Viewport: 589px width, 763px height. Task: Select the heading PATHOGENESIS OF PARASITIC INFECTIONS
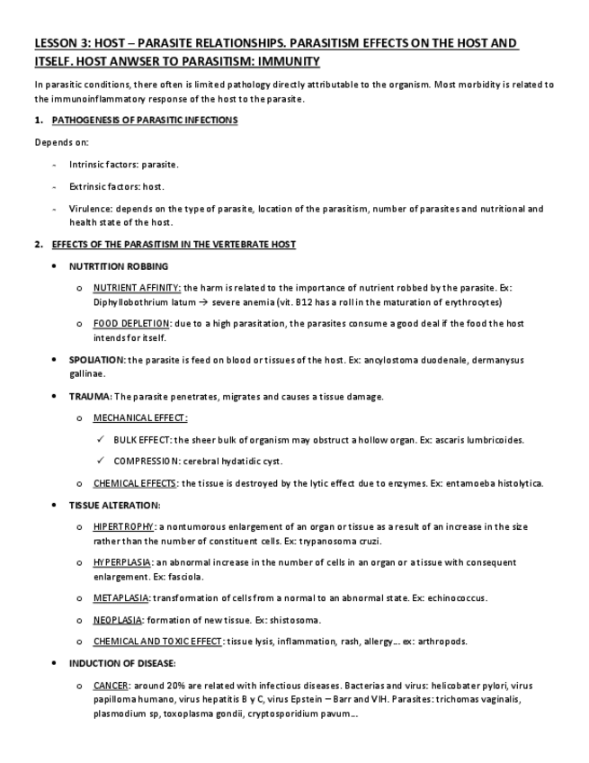click(145, 120)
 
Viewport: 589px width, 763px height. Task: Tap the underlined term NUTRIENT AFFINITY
click(137, 287)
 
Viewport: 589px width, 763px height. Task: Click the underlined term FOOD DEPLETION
click(131, 323)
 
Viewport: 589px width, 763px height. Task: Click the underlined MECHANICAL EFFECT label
click(139, 417)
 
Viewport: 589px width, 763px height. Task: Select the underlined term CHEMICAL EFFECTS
click(135, 483)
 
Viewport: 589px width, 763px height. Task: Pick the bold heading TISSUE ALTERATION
click(114, 505)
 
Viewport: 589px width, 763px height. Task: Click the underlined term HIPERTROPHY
click(124, 526)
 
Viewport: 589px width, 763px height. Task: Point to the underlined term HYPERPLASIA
click(121, 562)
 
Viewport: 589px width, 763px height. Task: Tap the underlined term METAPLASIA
click(121, 597)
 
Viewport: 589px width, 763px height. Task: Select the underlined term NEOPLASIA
click(117, 620)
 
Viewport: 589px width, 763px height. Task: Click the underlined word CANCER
click(111, 686)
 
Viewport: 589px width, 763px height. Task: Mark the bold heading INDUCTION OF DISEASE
click(121, 663)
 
